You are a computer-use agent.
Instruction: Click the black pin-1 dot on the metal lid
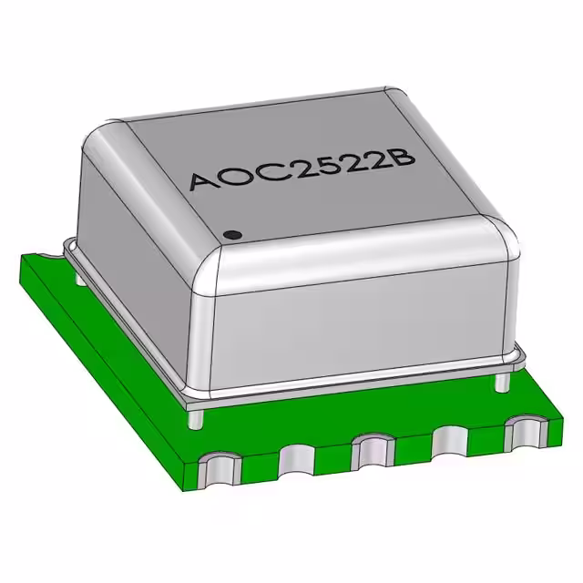(232, 235)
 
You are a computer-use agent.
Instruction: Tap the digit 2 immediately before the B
(375, 158)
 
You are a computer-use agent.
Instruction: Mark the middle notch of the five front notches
(368, 449)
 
